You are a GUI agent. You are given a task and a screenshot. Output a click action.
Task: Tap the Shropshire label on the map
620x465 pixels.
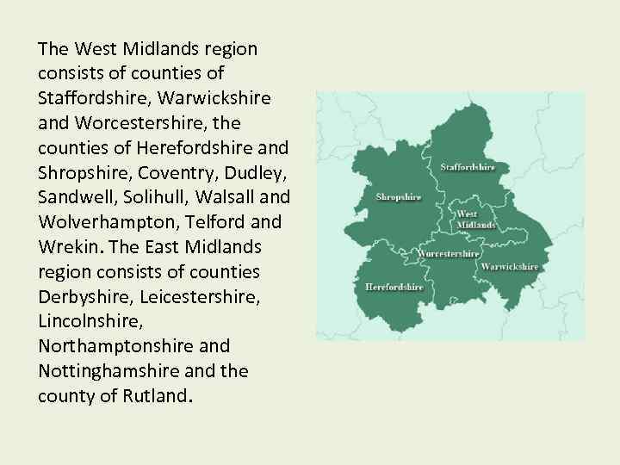pos(399,197)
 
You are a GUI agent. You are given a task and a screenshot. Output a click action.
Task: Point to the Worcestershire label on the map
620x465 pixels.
pos(449,254)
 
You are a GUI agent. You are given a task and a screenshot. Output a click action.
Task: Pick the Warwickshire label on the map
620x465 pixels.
pos(510,267)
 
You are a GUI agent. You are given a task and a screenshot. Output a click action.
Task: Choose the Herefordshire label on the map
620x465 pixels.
pos(394,286)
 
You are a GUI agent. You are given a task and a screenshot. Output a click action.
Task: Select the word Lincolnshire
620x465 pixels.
pos(87,321)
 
